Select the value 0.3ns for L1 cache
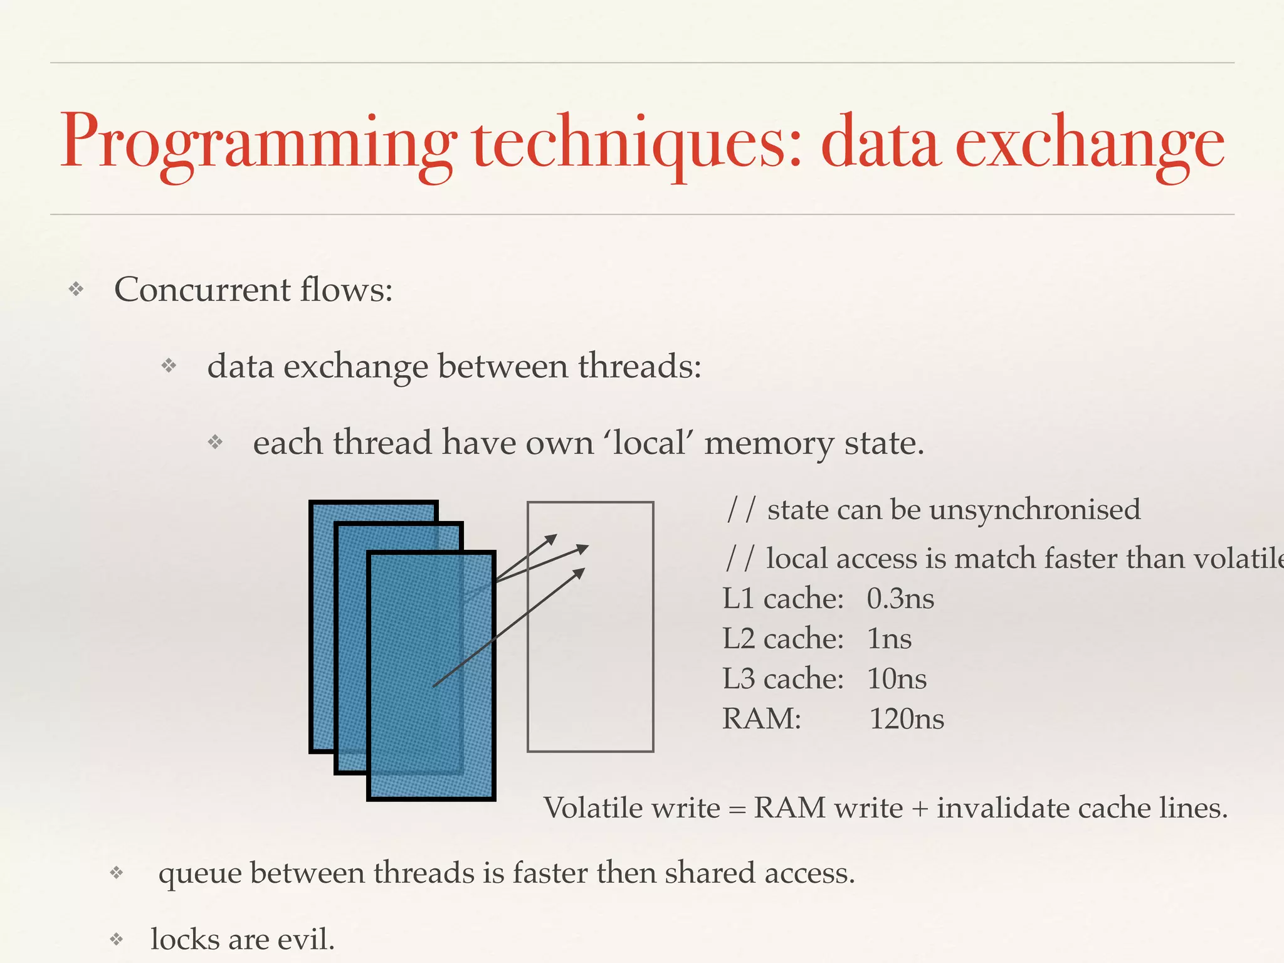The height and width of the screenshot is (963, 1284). point(900,599)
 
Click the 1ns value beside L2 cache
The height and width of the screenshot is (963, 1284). point(889,639)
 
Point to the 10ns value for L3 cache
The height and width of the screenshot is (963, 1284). point(897,679)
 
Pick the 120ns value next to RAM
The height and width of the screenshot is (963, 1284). point(906,719)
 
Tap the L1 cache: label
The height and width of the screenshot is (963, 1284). point(783,599)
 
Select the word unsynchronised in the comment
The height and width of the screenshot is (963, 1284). point(1035,509)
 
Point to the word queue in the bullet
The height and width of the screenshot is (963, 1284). point(200,874)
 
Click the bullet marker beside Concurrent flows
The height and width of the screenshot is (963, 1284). point(76,289)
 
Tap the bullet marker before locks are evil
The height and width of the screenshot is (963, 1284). point(116,939)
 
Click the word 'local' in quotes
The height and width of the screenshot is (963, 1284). point(649,443)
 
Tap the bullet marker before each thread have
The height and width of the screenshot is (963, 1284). point(215,443)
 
